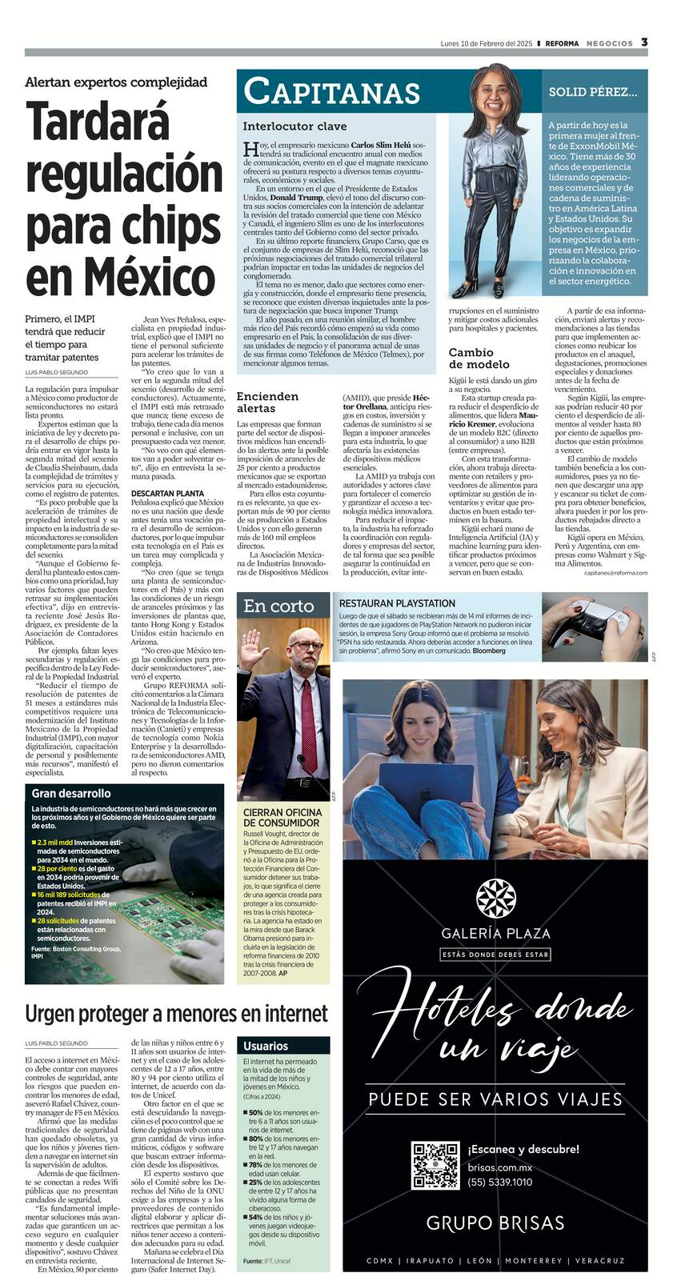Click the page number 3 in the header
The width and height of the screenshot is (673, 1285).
point(644,42)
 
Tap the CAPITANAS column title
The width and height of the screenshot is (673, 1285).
point(332,92)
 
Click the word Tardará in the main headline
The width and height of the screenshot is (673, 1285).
point(98,122)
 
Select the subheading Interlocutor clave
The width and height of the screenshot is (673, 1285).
point(295,126)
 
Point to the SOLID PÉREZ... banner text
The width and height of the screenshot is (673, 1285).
point(593,92)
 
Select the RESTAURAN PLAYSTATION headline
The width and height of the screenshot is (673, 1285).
point(397,603)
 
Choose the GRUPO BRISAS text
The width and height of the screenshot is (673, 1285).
point(495,1223)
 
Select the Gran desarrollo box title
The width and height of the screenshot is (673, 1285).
point(71,793)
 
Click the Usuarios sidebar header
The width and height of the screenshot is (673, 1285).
point(266,1046)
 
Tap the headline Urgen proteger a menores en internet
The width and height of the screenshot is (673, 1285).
point(176,1013)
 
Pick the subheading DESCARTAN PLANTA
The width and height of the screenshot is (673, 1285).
point(167,494)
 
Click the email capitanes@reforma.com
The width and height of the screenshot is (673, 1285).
point(615,573)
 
